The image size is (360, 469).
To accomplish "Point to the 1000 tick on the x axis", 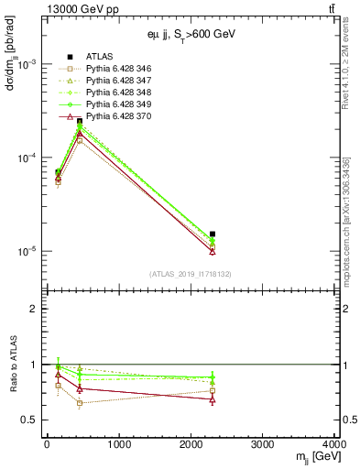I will (118, 444).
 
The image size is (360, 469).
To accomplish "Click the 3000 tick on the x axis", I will (263, 444).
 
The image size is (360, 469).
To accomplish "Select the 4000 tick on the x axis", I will (333, 444).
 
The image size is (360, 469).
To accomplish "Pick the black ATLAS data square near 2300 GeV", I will (213, 234).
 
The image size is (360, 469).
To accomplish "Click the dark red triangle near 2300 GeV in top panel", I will (213, 251).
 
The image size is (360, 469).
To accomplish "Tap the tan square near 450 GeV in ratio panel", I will (80, 403).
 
